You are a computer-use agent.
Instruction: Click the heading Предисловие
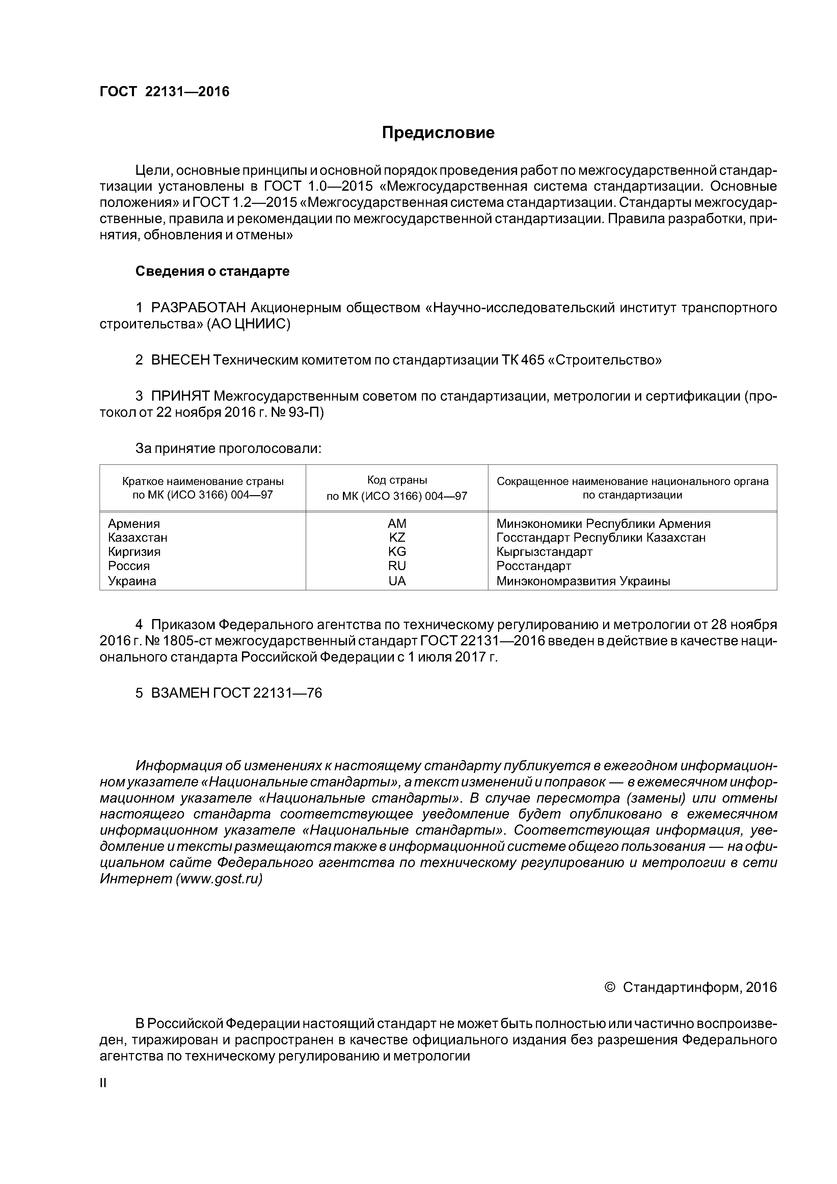(x=438, y=133)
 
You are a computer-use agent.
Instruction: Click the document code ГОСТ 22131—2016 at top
(x=164, y=92)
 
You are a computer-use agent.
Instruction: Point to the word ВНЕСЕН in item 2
(x=180, y=360)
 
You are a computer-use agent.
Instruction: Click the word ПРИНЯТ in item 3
(x=180, y=396)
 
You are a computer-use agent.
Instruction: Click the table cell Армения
(x=134, y=524)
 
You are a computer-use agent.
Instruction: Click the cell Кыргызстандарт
(x=544, y=552)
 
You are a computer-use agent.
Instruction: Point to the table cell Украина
(x=132, y=581)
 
